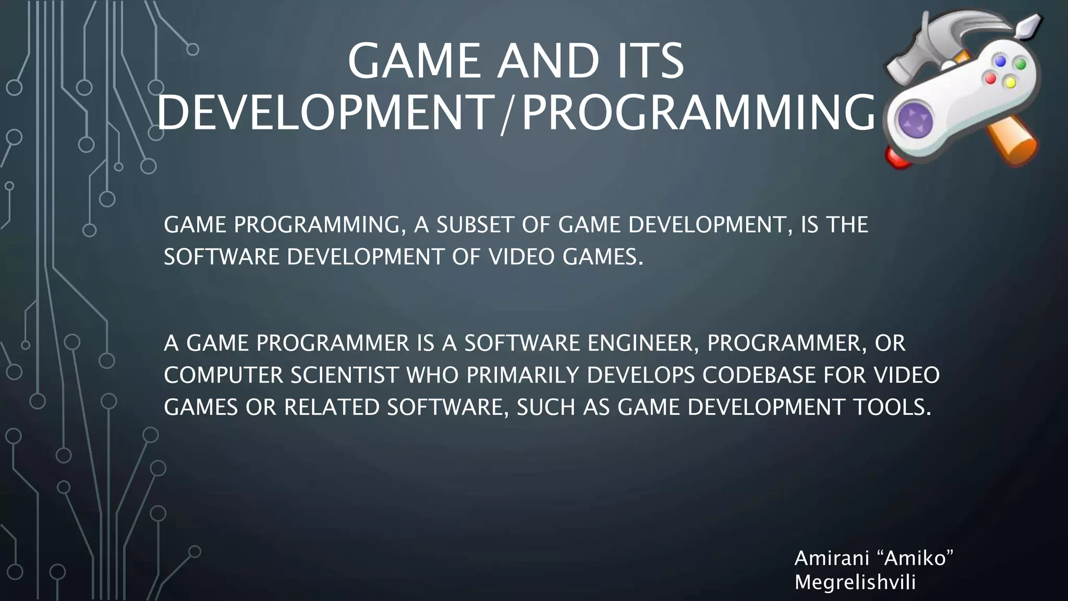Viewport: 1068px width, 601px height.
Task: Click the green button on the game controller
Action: [1020, 64]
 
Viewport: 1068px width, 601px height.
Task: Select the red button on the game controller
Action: [990, 79]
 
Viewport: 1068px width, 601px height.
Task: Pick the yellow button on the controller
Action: [1010, 82]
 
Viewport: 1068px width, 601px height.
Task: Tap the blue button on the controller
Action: [1000, 61]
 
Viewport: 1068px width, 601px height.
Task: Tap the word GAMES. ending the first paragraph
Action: [603, 257]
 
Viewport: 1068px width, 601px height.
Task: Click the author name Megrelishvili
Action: [855, 582]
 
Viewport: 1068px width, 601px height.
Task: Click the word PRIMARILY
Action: [523, 376]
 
